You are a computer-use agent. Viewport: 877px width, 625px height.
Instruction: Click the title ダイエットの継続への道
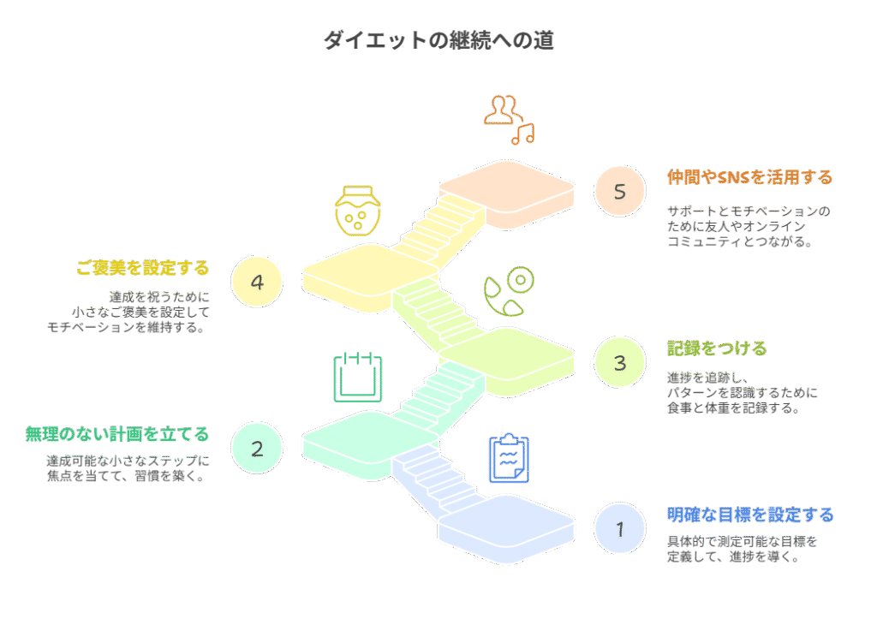pyautogui.click(x=439, y=40)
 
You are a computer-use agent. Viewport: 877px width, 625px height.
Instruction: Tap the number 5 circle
pyautogui.click(x=620, y=191)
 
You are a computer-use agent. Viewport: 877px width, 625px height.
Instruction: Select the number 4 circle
pyautogui.click(x=257, y=282)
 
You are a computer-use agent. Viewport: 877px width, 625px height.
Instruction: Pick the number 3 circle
pyautogui.click(x=620, y=362)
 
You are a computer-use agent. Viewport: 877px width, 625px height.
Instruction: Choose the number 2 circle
pyautogui.click(x=257, y=449)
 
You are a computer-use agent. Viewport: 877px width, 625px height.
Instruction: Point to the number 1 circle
pyautogui.click(x=620, y=528)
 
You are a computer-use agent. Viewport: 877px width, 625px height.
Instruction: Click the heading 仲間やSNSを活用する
pyautogui.click(x=749, y=177)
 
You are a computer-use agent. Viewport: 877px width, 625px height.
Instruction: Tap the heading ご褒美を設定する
pyautogui.click(x=143, y=268)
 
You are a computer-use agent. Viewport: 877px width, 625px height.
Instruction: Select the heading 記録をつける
pyautogui.click(x=717, y=348)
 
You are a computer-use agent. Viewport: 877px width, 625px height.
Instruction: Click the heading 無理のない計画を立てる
pyautogui.click(x=116, y=434)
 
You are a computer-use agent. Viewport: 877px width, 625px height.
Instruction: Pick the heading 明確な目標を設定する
pyautogui.click(x=750, y=515)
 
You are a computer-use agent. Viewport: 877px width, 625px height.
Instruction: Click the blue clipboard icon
pyautogui.click(x=509, y=458)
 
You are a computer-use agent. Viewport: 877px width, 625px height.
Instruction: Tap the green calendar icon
pyautogui.click(x=358, y=377)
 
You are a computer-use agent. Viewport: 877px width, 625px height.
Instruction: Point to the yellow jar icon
pyautogui.click(x=358, y=211)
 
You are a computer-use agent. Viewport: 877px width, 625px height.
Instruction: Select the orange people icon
pyautogui.click(x=502, y=110)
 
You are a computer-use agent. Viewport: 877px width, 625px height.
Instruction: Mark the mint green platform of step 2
pyautogui.click(x=370, y=445)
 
